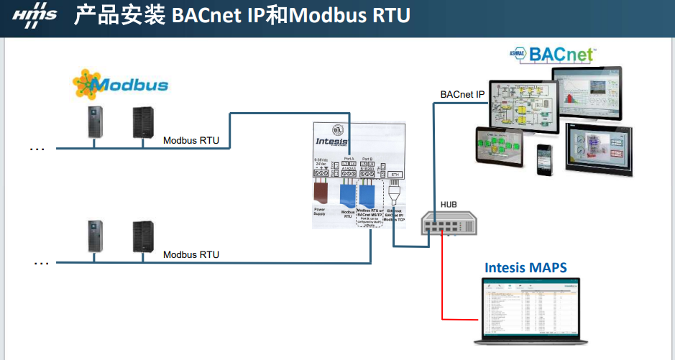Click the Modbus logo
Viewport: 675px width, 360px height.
pos(120,84)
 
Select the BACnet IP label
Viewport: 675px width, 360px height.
pos(463,94)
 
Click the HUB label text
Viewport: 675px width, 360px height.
pos(449,205)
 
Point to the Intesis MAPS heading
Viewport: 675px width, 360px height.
pos(525,268)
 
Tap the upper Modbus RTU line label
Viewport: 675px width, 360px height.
pos(191,141)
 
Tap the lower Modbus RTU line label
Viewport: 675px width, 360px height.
pos(191,254)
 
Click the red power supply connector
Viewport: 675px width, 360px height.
pos(321,192)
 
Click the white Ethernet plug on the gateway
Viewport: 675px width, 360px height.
pos(395,194)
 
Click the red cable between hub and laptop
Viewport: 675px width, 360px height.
pos(441,287)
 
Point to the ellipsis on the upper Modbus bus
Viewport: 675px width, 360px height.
pos(37,149)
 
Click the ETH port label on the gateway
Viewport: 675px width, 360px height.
pos(395,175)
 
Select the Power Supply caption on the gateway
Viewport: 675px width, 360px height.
pos(320,213)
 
